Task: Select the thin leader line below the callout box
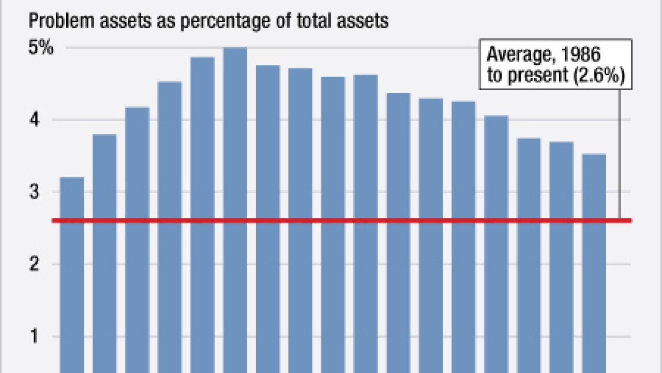(620, 155)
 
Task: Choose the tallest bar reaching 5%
(235, 207)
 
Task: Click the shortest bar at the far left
(72, 275)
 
